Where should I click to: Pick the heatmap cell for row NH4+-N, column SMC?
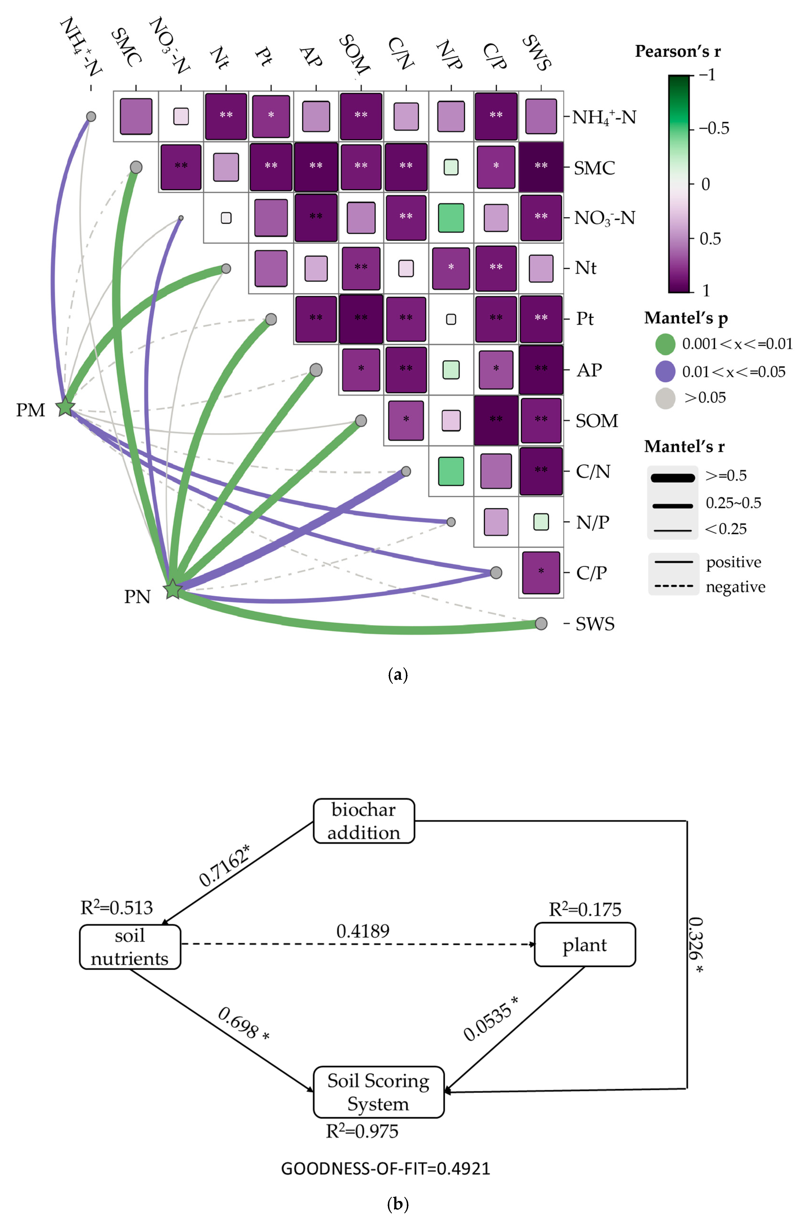(x=136, y=116)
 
